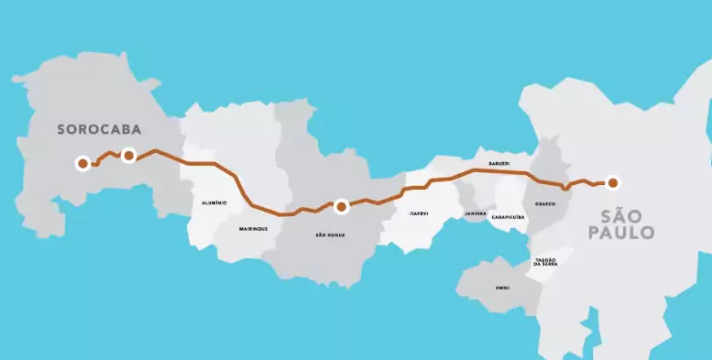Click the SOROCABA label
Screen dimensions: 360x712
pyautogui.click(x=97, y=129)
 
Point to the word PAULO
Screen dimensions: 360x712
pyautogui.click(x=628, y=234)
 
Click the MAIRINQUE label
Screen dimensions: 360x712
pyautogui.click(x=254, y=228)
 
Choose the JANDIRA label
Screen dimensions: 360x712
pyautogui.click(x=476, y=213)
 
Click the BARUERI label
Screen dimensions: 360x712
pyautogui.click(x=498, y=163)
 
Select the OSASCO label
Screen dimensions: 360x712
pyautogui.click(x=545, y=203)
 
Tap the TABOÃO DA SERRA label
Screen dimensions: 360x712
pyautogui.click(x=545, y=262)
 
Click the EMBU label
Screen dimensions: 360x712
pyautogui.click(x=502, y=288)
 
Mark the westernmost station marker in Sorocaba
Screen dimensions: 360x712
pyautogui.click(x=82, y=164)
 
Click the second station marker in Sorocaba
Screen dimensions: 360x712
pyautogui.click(x=128, y=156)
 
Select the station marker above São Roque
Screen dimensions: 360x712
pyautogui.click(x=341, y=207)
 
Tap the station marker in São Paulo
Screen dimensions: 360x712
pyautogui.click(x=612, y=182)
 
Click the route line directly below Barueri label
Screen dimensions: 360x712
pyautogui.click(x=498, y=171)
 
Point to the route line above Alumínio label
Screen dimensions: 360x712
pyautogui.click(x=211, y=164)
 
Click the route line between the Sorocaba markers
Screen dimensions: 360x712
pyautogui.click(x=107, y=155)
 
